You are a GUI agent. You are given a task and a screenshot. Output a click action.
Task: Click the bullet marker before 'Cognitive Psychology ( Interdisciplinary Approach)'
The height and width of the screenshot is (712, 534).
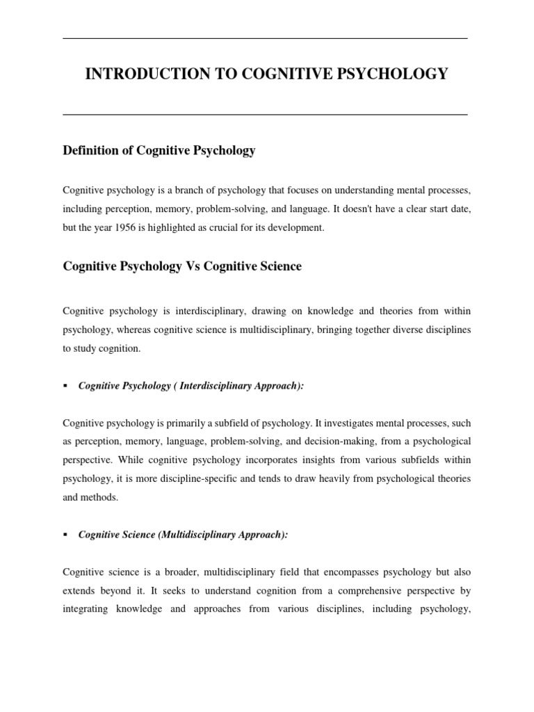point(65,385)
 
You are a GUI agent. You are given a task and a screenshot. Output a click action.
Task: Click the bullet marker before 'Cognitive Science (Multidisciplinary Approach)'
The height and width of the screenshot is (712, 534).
point(65,535)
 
